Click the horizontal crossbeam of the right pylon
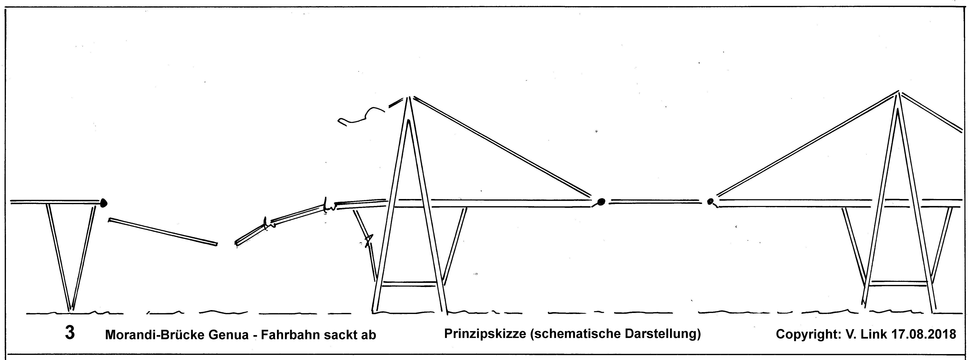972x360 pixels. [x=898, y=283]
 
